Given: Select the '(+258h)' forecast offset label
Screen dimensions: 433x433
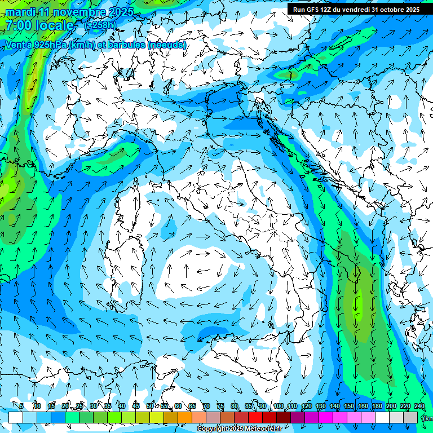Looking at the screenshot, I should pyautogui.click(x=100, y=25).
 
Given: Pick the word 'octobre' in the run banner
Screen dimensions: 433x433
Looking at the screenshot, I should pyautogui.click(x=389, y=10).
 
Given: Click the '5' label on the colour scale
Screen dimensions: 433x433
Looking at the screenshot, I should pyautogui.click(x=21, y=406).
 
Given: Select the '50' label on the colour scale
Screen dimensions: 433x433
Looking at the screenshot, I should pyautogui.click(x=150, y=406).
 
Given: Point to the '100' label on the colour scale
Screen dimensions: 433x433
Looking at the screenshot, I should pyautogui.click(x=278, y=406).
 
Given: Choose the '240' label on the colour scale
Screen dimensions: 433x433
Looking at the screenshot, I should pyautogui.click(x=419, y=406).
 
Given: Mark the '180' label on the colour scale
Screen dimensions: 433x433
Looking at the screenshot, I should pyautogui.click(x=377, y=406).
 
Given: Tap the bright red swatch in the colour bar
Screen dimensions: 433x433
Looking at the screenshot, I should pyautogui.click(x=255, y=417).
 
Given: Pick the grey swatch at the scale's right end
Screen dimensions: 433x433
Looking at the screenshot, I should pyautogui.click(x=410, y=417).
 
